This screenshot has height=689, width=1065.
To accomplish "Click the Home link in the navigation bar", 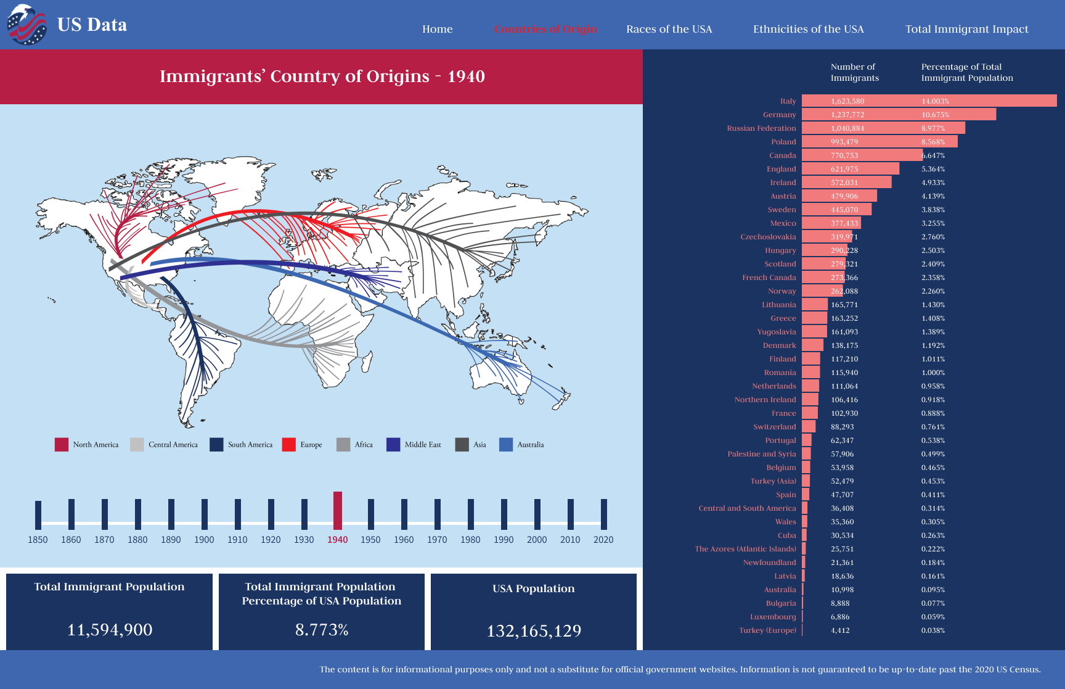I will (437, 29).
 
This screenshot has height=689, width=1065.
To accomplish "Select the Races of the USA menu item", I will (669, 29).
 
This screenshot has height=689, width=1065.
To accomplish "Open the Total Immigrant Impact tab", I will (966, 29).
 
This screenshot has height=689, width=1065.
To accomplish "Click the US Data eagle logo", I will (27, 25).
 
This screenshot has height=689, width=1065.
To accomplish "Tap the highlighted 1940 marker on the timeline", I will (338, 511).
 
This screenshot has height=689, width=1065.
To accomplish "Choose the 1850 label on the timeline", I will (38, 540).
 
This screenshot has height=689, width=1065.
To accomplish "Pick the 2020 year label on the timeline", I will (603, 540).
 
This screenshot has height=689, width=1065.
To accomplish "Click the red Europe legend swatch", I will (288, 445).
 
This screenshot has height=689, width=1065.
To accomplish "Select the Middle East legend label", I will (423, 445).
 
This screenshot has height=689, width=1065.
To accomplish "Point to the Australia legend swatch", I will (506, 445).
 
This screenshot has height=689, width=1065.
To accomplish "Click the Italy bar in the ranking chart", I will (929, 101).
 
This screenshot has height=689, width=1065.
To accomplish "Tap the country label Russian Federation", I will (761, 128).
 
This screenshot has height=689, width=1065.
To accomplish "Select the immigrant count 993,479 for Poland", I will (844, 142).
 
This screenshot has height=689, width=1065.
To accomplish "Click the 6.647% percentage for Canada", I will (933, 155).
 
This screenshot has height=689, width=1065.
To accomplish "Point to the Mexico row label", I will (783, 223).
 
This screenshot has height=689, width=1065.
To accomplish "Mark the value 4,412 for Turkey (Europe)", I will (840, 630).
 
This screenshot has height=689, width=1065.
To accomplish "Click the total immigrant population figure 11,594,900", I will (110, 630).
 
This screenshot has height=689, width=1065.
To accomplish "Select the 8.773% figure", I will (322, 630).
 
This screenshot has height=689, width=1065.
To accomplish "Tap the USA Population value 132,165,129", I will (534, 631).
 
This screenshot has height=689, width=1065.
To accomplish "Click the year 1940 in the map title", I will (466, 76).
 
